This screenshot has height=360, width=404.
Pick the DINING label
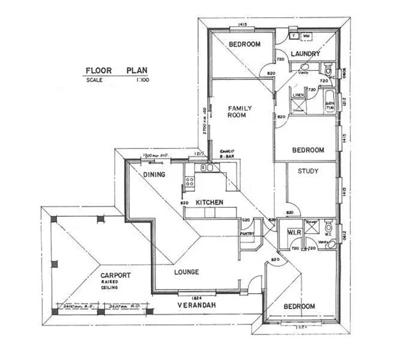[x=154, y=175]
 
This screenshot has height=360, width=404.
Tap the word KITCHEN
[x=209, y=203]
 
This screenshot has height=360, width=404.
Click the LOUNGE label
[x=186, y=272]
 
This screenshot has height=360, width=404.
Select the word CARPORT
[x=115, y=275]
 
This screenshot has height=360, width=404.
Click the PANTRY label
[x=248, y=234]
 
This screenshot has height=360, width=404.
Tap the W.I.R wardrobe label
[x=295, y=231]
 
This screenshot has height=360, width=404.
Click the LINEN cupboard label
[x=298, y=95]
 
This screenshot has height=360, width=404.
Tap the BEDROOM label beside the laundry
[x=245, y=44]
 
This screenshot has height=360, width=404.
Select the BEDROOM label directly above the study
[x=308, y=150]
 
